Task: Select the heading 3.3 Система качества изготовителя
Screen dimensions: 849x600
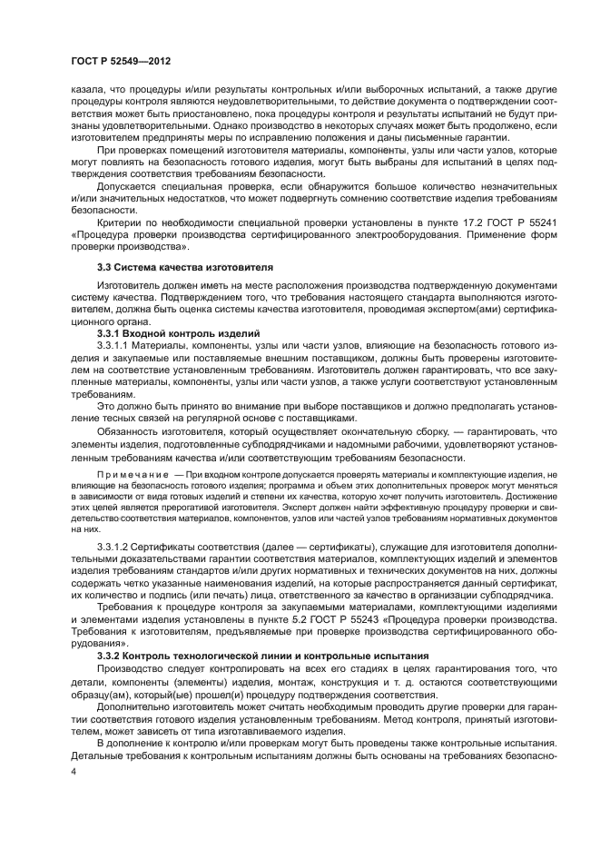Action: [x=172, y=268]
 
